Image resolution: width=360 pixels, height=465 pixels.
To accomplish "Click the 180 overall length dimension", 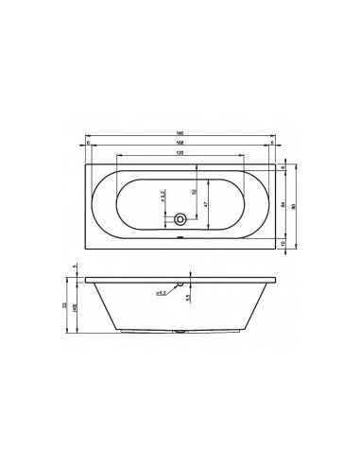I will coord(179,134).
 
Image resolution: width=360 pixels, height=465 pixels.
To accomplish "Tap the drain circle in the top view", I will coord(180,220).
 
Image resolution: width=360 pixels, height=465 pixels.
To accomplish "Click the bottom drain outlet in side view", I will coord(180,334).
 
